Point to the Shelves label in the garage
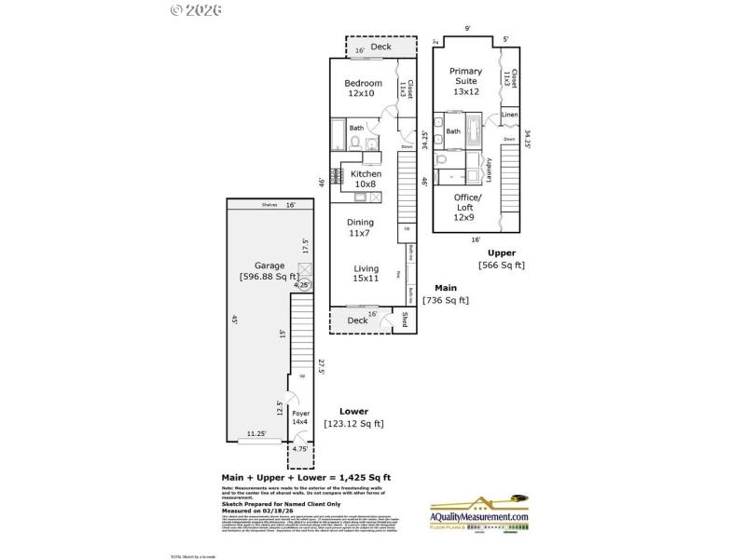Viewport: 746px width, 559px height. [270, 205]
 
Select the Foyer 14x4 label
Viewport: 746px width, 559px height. [300, 416]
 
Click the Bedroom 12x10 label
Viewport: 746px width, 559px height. [363, 89]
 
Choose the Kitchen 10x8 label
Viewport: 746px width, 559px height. [366, 179]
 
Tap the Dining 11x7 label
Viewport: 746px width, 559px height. [360, 227]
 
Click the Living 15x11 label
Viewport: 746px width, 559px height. [366, 274]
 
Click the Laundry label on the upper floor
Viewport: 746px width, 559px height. [490, 169]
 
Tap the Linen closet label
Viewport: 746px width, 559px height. [509, 115]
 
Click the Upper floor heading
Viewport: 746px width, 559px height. [501, 252]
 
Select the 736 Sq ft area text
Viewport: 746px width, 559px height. [445, 300]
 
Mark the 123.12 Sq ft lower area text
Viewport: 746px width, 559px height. [353, 423]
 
